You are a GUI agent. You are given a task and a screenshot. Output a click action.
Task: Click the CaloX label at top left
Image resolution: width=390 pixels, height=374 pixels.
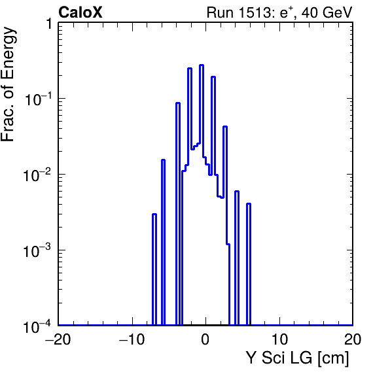[x=80, y=12]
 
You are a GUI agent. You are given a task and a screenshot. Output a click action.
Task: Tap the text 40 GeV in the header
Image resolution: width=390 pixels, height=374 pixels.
[x=327, y=12]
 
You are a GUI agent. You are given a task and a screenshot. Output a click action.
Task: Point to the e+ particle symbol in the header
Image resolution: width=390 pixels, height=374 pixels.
[x=287, y=13]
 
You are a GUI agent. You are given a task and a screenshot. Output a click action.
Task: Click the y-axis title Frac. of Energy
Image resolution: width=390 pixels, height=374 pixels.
[x=9, y=84]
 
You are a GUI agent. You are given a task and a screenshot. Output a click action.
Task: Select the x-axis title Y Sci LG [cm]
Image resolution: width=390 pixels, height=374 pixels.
[x=298, y=358]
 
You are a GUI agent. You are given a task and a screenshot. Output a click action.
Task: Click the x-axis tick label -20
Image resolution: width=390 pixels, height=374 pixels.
[x=58, y=339]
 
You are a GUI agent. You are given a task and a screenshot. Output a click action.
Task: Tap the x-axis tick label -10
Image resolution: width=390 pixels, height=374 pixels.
[x=132, y=339]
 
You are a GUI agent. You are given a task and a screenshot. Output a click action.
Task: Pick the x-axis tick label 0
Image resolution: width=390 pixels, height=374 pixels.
[x=205, y=339]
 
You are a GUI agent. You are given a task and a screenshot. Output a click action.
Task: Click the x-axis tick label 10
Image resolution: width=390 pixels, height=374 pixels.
[x=279, y=339]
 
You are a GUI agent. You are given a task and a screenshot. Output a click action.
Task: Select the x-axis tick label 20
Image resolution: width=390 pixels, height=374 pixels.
[x=353, y=339]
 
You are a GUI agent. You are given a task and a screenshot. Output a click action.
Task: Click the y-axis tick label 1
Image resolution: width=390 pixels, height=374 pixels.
[x=49, y=24]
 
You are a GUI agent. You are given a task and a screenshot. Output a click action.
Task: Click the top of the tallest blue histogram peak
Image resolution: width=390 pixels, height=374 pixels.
[x=202, y=65]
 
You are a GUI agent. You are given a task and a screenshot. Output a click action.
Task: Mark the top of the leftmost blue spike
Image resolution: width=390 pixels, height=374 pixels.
[x=154, y=214]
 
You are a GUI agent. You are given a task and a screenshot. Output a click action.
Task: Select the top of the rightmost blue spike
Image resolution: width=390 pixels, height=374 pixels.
[x=249, y=204]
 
